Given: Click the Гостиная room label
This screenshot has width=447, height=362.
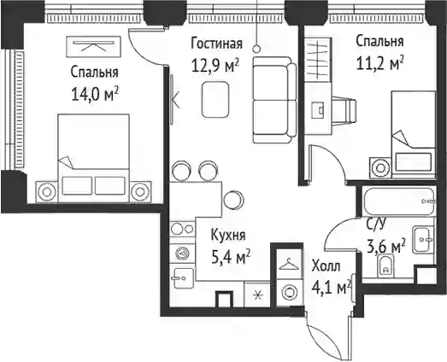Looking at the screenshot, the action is (x=216, y=44).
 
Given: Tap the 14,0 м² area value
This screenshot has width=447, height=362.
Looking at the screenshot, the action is (x=95, y=95).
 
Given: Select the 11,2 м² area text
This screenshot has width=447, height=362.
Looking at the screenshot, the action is (x=380, y=63).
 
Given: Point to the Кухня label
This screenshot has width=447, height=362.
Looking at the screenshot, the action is (x=228, y=236).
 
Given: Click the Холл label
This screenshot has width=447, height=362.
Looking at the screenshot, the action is (x=326, y=266).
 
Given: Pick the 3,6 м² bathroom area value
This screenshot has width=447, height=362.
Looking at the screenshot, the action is (x=386, y=247).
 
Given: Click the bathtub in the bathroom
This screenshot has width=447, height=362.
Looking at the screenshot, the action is (x=400, y=201).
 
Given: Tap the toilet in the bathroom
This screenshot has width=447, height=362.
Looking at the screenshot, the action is (x=385, y=266).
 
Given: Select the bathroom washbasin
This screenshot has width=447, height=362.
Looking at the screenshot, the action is (x=424, y=240).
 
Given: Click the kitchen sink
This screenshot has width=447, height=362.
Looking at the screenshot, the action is (x=183, y=278).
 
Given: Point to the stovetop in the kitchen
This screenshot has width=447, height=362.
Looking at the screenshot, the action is (x=182, y=229).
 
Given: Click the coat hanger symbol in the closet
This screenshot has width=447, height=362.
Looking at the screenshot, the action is (x=289, y=264).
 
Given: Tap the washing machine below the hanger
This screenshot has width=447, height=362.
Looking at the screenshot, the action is (x=289, y=293).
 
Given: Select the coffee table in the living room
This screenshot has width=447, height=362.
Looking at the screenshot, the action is (x=215, y=99).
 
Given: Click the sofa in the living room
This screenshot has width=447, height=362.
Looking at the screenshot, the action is (x=274, y=100).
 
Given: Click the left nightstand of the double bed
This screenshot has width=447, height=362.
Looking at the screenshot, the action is (x=46, y=192).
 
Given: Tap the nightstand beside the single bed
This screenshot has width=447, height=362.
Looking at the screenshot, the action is (x=381, y=168).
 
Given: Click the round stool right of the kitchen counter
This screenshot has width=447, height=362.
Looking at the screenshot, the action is (x=233, y=200).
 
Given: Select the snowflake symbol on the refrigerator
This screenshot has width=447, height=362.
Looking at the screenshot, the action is (x=258, y=295).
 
